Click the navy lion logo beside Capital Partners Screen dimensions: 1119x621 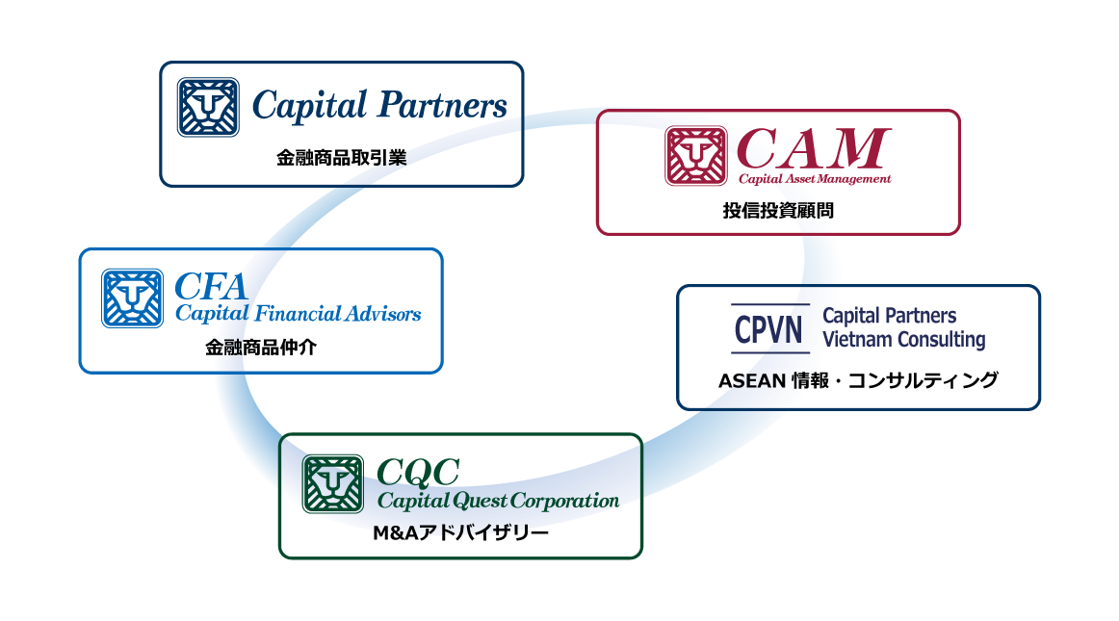tap(208, 107)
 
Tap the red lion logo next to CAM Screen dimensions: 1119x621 tap(696, 156)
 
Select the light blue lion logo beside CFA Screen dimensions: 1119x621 tap(132, 298)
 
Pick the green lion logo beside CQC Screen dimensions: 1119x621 tap(332, 484)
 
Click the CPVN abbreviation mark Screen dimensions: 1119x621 tap(769, 329)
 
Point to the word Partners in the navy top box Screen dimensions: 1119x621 tap(442, 106)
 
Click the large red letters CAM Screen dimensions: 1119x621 tap(814, 148)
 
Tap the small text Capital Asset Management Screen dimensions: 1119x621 tap(815, 179)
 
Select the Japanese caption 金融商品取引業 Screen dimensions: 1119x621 tap(342, 158)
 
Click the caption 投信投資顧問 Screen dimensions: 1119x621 tap(778, 211)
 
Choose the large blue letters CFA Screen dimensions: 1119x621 tap(211, 287)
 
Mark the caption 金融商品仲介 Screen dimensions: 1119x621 tap(260, 348)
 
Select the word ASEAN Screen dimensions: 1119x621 tap(751, 381)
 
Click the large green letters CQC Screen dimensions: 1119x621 tap(418, 473)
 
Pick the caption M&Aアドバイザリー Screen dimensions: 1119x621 tap(460, 533)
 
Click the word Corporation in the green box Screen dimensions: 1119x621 tap(564, 502)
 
